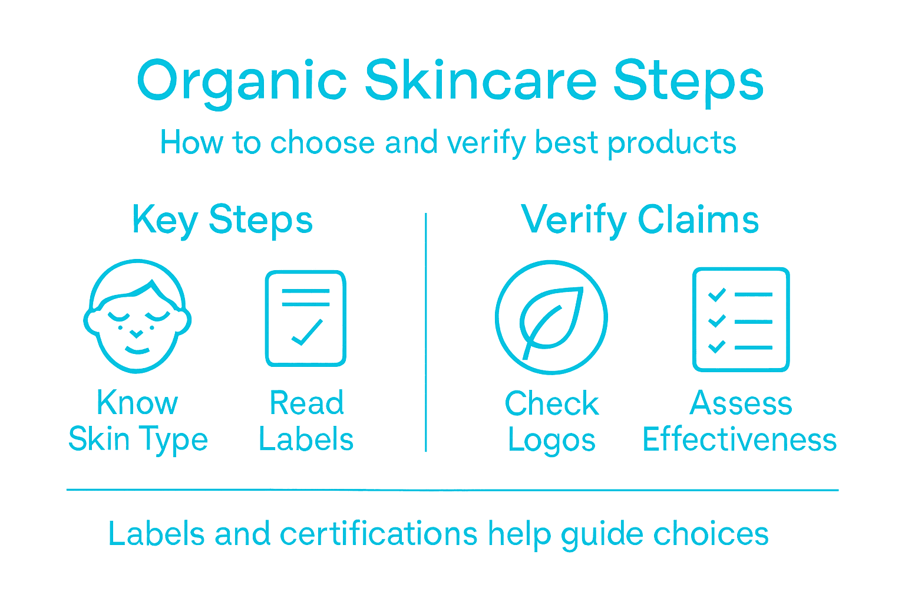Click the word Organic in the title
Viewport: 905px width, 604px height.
tap(242, 81)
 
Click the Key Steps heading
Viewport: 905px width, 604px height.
tap(222, 220)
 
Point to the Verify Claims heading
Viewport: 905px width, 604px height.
tap(640, 220)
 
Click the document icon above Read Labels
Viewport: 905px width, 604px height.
tap(305, 319)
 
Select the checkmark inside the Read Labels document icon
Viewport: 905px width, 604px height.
tap(307, 333)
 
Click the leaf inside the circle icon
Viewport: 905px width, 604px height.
tap(550, 319)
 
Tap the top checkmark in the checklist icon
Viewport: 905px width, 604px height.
tap(716, 294)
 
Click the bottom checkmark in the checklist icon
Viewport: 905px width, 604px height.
tap(716, 347)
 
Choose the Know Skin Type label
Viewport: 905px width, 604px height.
tap(138, 422)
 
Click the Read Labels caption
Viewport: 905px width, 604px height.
tap(306, 422)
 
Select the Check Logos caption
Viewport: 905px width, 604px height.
tap(551, 422)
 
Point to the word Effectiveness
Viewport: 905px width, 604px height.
tap(739, 440)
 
